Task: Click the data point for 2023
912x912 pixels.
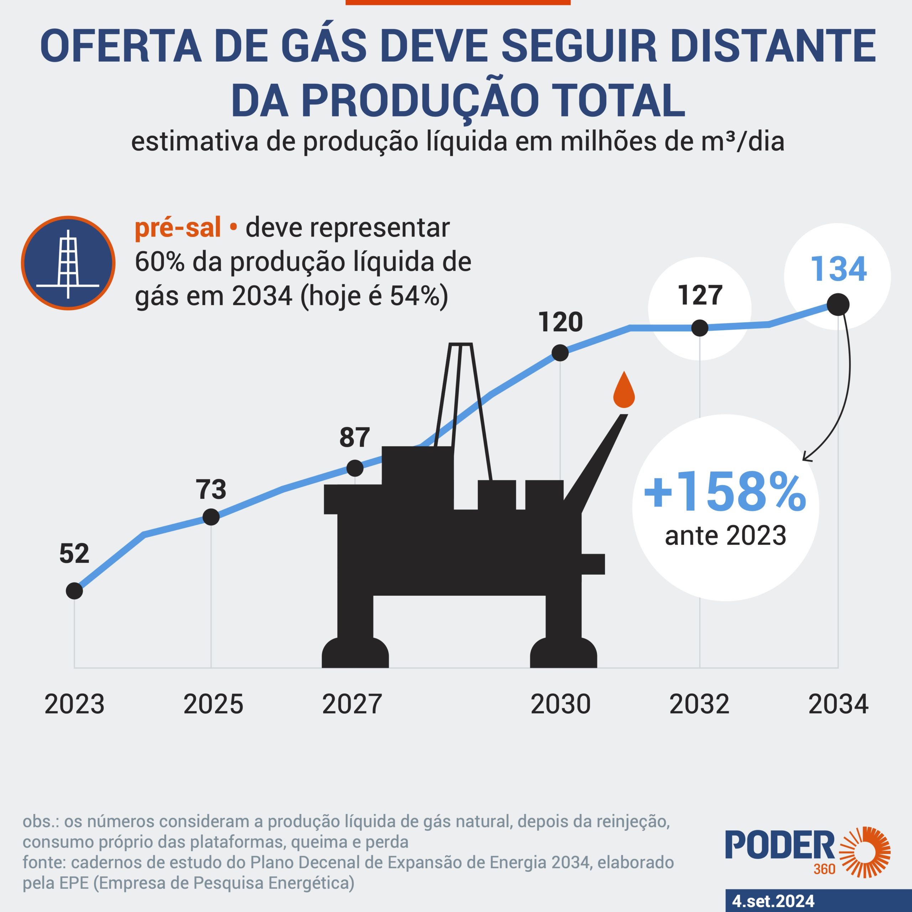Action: [74, 591]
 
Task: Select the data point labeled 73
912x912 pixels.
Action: [211, 517]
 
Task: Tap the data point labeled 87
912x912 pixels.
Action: [355, 468]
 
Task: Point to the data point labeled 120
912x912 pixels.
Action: [560, 353]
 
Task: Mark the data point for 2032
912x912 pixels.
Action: [700, 328]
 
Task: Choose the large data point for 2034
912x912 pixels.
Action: [838, 305]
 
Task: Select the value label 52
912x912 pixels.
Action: [74, 553]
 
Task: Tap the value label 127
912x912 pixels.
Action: [700, 295]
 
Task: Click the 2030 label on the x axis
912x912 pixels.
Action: [560, 704]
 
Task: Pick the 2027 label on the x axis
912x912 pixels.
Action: [352, 704]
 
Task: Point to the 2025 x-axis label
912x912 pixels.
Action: [213, 704]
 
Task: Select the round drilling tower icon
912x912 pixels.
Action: [68, 263]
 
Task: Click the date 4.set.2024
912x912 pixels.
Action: [773, 901]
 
